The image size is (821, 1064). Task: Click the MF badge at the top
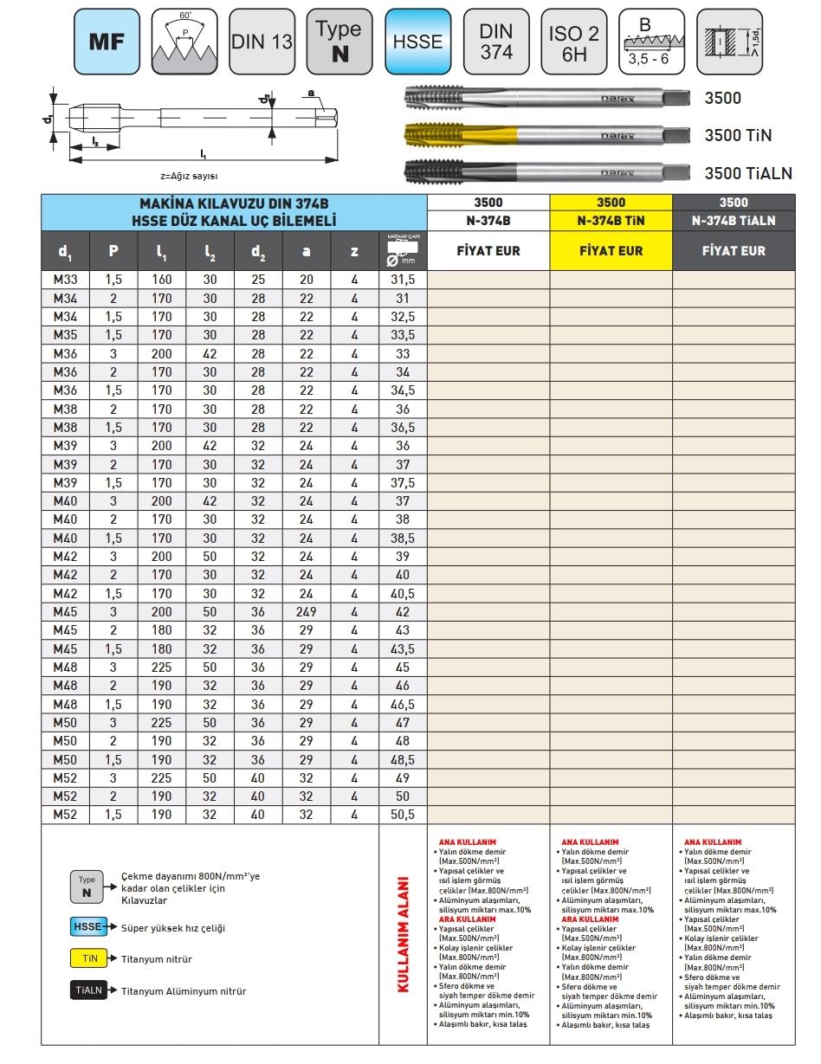[108, 42]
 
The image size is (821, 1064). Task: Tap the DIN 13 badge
[262, 42]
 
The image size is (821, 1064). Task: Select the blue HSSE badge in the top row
[417, 42]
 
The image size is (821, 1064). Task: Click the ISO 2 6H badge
[573, 42]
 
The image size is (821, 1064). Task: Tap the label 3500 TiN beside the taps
[738, 135]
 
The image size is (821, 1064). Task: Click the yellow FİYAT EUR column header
[611, 251]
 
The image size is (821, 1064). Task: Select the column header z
[354, 252]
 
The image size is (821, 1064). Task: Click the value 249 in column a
[307, 612]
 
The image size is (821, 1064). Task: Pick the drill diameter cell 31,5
[403, 280]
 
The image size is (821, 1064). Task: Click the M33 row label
[66, 280]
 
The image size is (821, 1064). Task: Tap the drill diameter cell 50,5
[403, 814]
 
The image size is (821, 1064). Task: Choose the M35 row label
[66, 335]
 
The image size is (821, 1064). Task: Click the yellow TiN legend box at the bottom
[88, 959]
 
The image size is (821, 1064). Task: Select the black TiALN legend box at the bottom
[88, 991]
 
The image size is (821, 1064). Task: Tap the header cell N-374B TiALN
[734, 221]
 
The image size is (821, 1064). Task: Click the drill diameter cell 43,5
[403, 648]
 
